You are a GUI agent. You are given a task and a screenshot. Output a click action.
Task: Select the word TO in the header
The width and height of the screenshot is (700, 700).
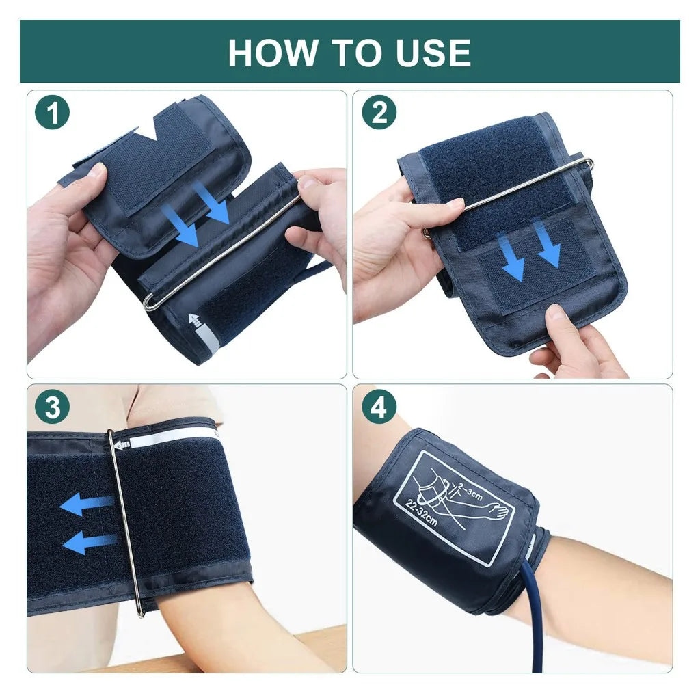pos(349,53)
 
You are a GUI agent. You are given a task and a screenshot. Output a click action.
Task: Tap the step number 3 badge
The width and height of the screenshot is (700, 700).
pos(53,408)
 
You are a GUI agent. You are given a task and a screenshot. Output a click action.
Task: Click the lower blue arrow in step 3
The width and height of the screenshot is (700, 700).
pos(89,542)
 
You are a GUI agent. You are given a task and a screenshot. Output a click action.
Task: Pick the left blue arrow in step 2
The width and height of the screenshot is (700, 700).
pos(513,256)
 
